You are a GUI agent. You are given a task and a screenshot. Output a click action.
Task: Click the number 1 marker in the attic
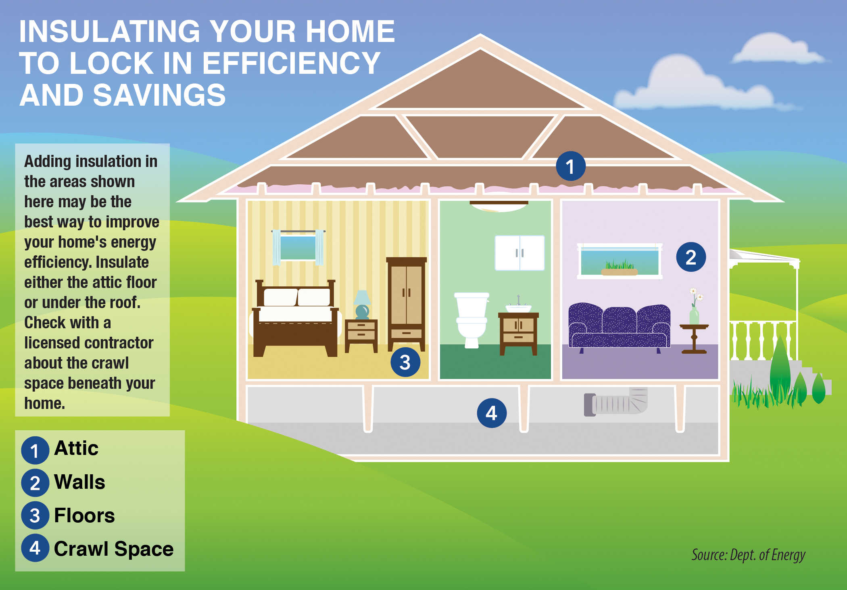570,166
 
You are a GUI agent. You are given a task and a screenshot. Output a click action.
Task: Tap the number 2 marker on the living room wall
691,257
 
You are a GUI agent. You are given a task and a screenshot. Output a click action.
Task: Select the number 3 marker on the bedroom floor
405,362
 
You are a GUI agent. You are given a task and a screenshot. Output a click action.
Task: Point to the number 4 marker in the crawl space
492,413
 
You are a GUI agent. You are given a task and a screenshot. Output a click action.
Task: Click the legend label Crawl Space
114,549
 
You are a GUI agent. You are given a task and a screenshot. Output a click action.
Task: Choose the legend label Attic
76,448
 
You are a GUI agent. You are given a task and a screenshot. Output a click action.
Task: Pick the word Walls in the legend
79,482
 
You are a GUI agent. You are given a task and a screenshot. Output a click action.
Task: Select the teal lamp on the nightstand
362,304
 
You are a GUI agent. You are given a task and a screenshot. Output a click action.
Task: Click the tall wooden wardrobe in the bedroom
406,304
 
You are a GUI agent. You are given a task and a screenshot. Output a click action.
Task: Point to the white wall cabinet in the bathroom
519,253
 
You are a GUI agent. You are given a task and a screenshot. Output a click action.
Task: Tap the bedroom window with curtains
298,247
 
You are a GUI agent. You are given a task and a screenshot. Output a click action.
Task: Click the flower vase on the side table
695,306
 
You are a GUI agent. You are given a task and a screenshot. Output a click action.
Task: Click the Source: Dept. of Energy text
748,555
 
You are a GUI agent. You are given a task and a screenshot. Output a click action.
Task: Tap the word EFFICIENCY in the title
291,63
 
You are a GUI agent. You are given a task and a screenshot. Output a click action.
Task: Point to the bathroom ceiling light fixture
499,206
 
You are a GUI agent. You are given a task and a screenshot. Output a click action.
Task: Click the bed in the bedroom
296,318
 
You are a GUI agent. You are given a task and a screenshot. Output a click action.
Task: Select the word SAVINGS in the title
159,95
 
